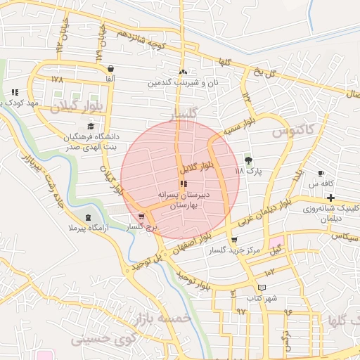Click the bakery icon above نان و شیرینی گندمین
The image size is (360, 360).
(x=183, y=72)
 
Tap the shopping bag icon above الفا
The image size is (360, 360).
(x=110, y=68)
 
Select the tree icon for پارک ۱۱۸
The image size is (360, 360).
(x=247, y=160)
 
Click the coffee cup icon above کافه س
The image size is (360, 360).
(x=321, y=173)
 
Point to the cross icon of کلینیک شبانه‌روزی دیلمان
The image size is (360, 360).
(x=330, y=198)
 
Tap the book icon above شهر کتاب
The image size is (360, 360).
(x=262, y=287)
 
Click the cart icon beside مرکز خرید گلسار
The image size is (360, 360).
(x=234, y=240)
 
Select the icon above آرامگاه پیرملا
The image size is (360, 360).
(x=87, y=218)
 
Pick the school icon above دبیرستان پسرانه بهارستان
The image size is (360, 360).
(x=184, y=184)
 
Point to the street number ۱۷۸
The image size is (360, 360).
(x=58, y=79)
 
